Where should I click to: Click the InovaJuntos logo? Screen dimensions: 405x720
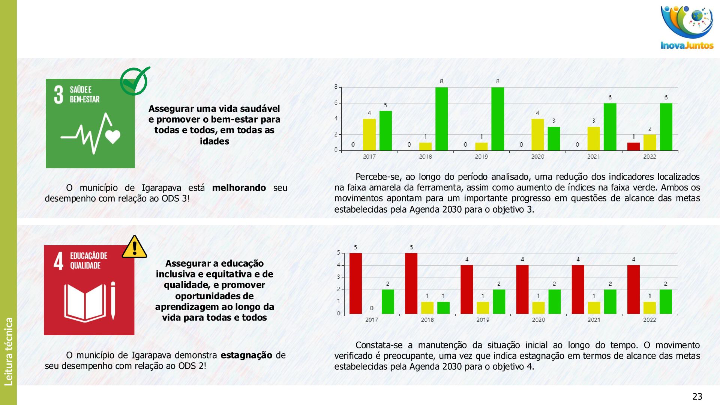click(687, 28)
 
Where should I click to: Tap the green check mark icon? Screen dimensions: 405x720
click(135, 81)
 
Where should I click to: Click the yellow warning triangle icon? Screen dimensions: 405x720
click(134, 247)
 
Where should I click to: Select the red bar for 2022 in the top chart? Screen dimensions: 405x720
click(633, 146)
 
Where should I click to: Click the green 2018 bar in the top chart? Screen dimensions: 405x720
click(441, 119)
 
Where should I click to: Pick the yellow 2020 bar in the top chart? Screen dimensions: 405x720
click(537, 135)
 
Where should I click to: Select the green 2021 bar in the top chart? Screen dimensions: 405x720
click(610, 127)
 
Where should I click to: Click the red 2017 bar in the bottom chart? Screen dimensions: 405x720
click(355, 283)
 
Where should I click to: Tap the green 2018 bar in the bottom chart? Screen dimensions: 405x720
click(443, 308)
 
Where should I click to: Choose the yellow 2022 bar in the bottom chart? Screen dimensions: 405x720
click(649, 308)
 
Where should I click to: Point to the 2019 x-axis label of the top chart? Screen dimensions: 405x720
click(481, 157)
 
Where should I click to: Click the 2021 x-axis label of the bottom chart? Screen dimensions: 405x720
click(594, 320)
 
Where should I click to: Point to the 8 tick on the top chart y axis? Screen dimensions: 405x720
click(336, 87)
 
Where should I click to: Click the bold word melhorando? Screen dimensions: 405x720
click(239, 188)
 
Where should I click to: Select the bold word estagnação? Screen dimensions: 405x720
click(246, 355)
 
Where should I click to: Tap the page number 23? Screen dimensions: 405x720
click(697, 396)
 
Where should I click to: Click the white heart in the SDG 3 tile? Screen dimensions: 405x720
click(112, 136)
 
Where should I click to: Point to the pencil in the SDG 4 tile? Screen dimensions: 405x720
click(113, 301)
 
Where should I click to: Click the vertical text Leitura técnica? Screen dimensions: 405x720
click(9, 351)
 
